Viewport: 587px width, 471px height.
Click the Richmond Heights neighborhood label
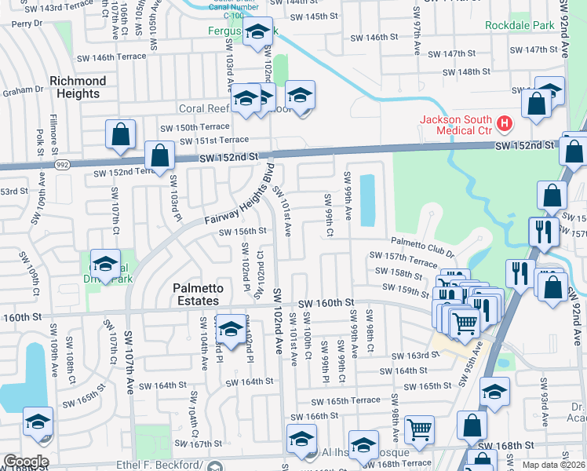click(x=78, y=87)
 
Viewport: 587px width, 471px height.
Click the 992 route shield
click(x=60, y=166)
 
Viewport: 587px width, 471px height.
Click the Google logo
click(x=25, y=462)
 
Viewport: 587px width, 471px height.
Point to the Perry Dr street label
click(x=26, y=24)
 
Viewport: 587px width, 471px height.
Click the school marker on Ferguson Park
click(x=257, y=33)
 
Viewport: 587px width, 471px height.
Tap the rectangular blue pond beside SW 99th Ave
click(x=366, y=200)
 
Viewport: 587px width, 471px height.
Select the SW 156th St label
click(x=242, y=232)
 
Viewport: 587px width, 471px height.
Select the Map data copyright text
click(x=554, y=466)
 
